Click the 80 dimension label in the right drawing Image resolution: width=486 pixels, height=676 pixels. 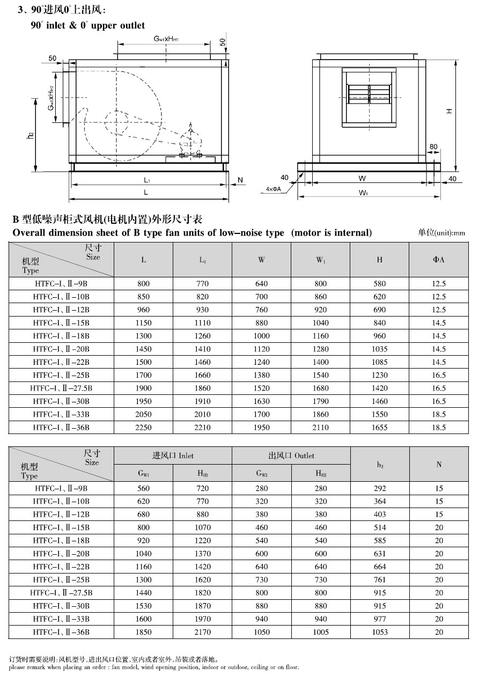click(x=433, y=147)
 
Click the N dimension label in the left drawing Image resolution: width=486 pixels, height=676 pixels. click(x=240, y=180)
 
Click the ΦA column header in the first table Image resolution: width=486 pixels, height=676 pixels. click(x=438, y=260)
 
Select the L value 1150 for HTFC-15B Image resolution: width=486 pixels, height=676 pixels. click(x=143, y=323)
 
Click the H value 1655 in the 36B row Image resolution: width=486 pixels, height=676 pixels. click(x=379, y=427)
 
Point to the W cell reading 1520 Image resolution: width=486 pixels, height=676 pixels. click(x=261, y=388)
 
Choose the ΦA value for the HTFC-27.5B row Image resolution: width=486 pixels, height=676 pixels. click(x=438, y=388)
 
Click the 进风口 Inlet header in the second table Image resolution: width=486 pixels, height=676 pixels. click(x=173, y=455)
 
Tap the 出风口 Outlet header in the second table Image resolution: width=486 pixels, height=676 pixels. click(x=291, y=455)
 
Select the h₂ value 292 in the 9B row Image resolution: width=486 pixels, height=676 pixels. click(x=379, y=488)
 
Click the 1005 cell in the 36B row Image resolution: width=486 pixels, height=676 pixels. click(x=320, y=632)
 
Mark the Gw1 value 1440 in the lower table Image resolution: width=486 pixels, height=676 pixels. click(x=143, y=593)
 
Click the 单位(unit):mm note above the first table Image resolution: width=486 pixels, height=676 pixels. click(x=441, y=233)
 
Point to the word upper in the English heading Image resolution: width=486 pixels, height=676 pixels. click(x=95, y=25)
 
